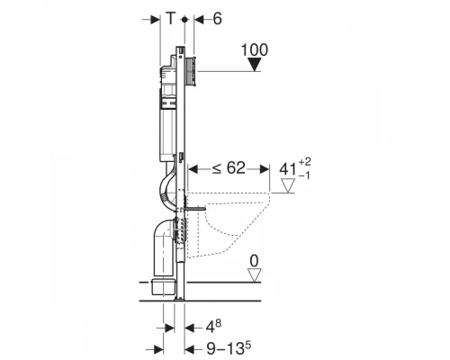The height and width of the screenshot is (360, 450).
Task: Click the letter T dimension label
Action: point(170,19)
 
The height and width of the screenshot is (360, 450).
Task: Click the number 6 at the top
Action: point(217,19)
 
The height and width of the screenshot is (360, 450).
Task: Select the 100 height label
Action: point(255,50)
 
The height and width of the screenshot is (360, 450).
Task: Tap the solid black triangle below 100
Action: point(255,65)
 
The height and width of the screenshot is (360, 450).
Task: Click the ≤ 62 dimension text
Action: point(229,168)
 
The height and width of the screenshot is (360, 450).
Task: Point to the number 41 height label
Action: point(288,169)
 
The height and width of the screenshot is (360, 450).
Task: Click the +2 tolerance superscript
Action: point(305,162)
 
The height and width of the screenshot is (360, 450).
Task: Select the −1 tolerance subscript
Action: point(304,175)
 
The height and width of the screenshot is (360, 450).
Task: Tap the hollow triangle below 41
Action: point(289,185)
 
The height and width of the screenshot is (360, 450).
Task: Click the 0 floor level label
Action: point(254,261)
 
